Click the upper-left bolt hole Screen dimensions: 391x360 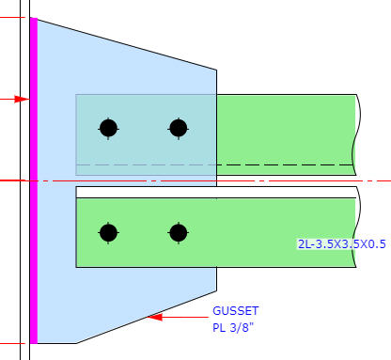[108, 129]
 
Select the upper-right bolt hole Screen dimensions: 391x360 [179, 129]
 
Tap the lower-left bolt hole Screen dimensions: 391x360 [108, 233]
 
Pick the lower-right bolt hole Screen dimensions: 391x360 [179, 233]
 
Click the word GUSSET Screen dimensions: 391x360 [236, 311]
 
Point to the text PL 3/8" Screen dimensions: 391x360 [233, 328]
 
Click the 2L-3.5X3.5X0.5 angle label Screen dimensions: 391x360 [341, 244]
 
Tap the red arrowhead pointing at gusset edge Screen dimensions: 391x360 [155, 317]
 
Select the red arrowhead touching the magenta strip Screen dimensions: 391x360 [23, 100]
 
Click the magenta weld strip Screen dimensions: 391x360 [34, 180]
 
